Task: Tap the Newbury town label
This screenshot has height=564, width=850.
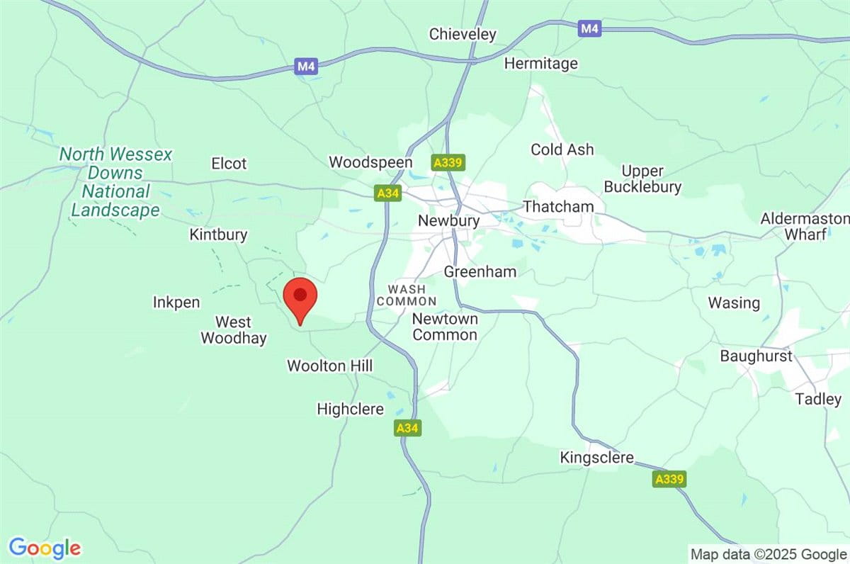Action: [x=448, y=221]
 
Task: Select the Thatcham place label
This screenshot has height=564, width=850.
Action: [x=558, y=207]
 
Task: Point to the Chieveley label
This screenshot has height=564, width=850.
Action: [x=463, y=34]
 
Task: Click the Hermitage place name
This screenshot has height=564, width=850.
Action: [x=540, y=64]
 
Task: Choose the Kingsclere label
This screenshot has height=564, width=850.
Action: [x=596, y=458]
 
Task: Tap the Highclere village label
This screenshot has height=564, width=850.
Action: [x=350, y=409]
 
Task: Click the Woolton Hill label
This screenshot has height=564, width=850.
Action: [x=329, y=366]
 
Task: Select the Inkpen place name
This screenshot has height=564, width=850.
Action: [x=176, y=303]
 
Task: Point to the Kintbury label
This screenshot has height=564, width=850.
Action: [x=218, y=235]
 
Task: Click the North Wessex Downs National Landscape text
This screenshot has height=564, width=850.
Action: [x=115, y=182]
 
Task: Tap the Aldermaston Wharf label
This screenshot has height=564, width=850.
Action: [x=804, y=226]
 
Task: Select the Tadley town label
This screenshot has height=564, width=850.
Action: [x=818, y=399]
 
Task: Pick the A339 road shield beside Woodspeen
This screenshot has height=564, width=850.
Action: [x=448, y=163]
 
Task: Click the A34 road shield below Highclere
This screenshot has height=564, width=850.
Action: [x=407, y=428]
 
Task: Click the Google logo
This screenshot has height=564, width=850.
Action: [x=45, y=548]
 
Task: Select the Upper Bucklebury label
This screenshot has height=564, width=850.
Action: [x=651, y=179]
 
